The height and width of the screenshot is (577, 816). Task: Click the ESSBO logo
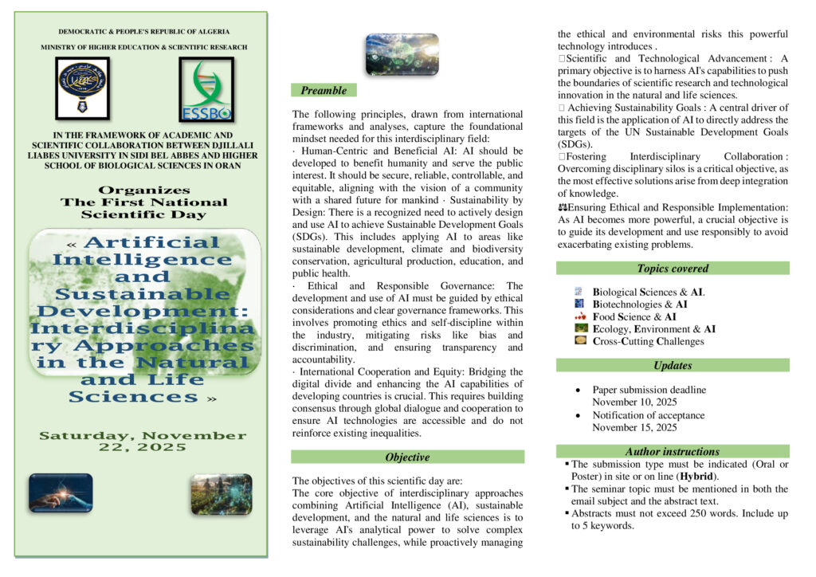click(206, 88)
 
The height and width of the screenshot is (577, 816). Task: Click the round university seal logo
click(82, 84)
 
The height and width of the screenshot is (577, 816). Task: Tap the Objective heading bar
click(407, 457)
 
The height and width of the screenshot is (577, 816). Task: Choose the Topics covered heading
click(673, 269)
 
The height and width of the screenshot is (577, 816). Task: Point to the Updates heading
click(673, 366)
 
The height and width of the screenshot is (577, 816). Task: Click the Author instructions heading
click(673, 452)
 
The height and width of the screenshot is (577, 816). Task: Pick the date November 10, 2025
click(634, 402)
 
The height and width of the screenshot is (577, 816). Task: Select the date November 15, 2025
click(634, 427)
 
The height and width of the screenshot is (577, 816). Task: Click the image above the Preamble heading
click(402, 54)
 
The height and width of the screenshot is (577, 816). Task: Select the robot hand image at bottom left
click(61, 493)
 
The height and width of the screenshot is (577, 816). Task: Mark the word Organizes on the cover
click(144, 190)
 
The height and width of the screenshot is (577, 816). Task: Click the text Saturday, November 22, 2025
click(143, 441)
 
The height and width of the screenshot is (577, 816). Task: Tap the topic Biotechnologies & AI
click(640, 304)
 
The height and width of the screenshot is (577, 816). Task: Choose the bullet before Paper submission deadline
click(577, 391)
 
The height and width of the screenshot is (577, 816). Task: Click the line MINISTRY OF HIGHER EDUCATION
click(144, 48)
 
